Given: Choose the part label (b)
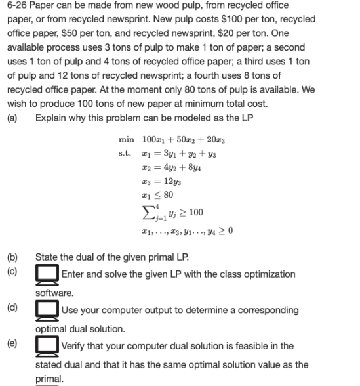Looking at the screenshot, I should (x=13, y=258).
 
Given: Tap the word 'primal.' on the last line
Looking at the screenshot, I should (x=49, y=379).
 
